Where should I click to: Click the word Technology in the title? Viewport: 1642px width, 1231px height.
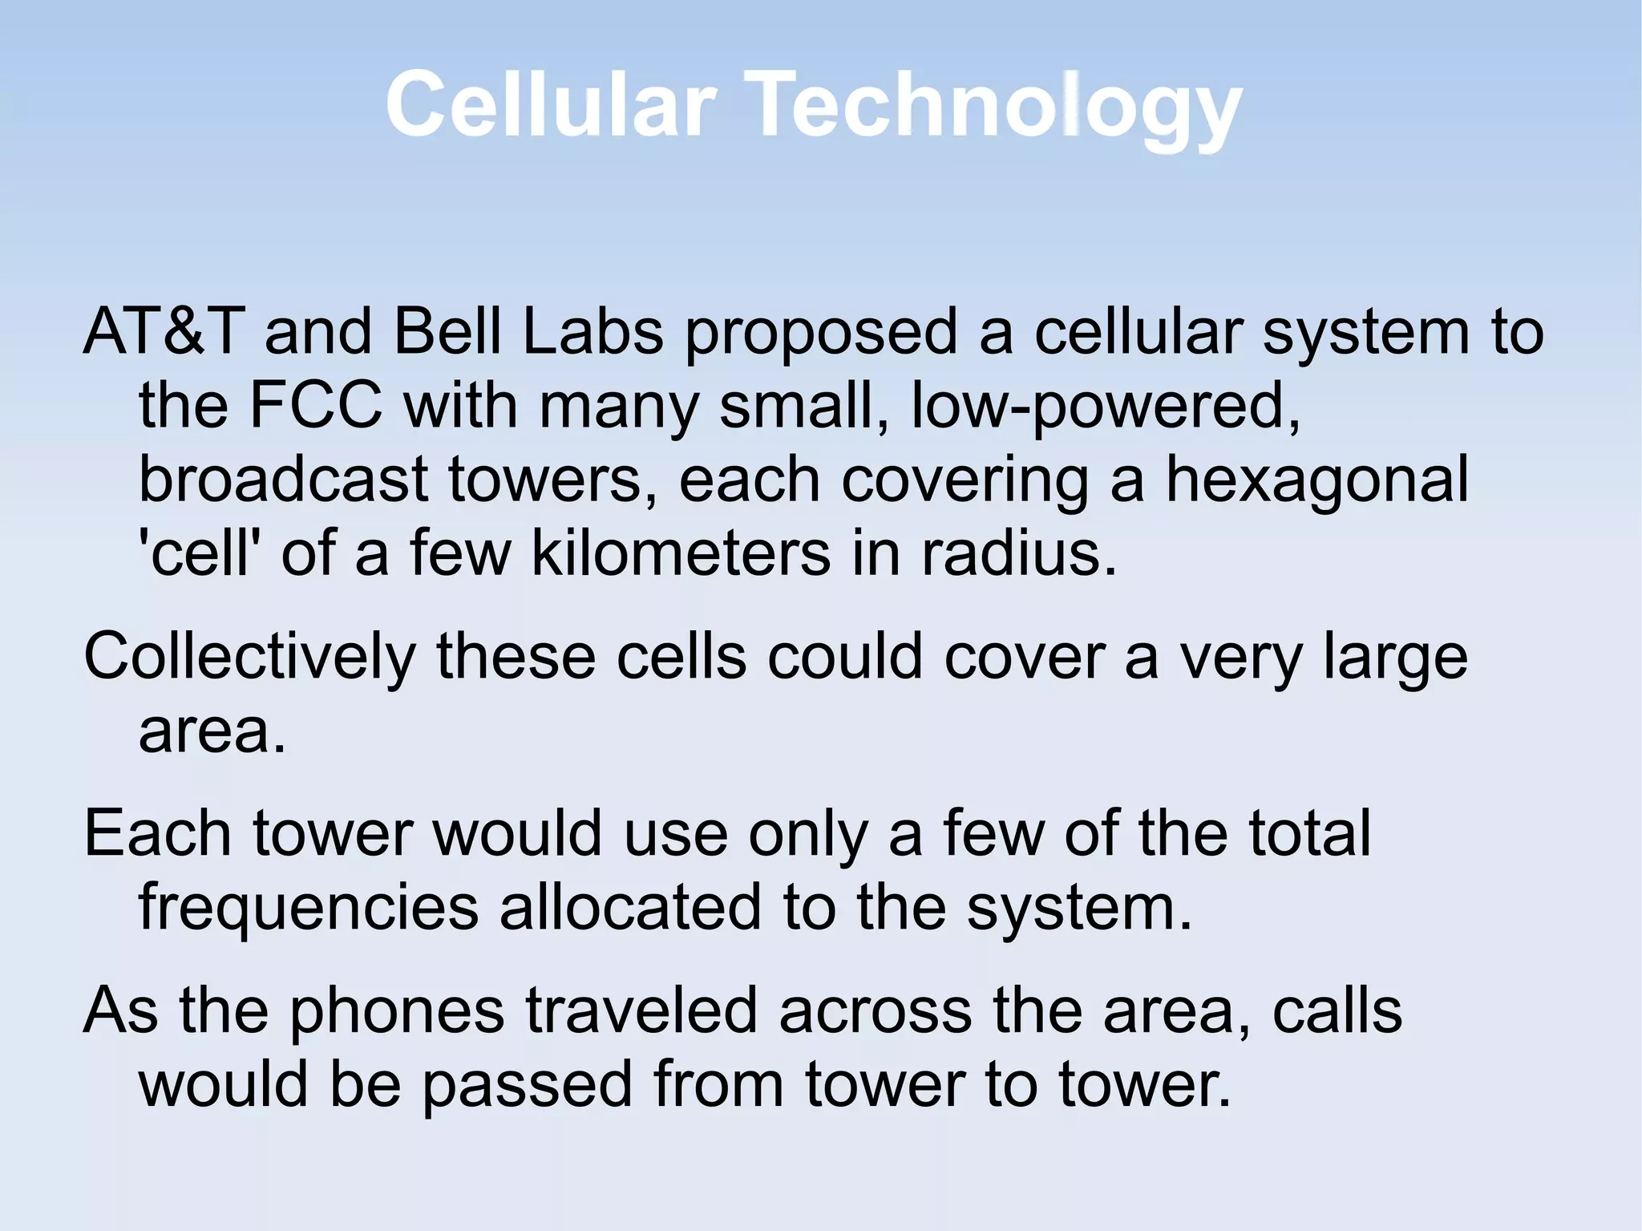[997, 106]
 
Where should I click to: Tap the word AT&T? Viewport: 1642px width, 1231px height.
[164, 331]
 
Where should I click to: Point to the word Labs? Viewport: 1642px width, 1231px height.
[592, 331]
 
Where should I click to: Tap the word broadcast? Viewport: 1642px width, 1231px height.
[284, 479]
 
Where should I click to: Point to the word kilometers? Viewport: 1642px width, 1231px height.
[681, 553]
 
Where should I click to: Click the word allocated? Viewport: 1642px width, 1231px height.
[630, 906]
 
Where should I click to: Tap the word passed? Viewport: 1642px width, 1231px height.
[528, 1084]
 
